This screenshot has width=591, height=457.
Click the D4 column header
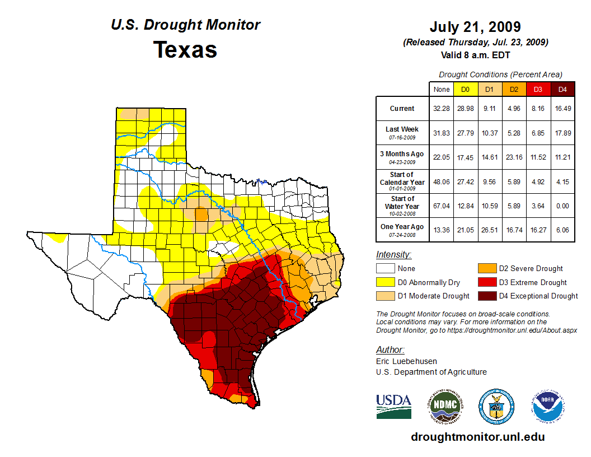pyautogui.click(x=562, y=89)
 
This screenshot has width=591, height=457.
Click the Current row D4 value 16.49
pyautogui.click(x=562, y=109)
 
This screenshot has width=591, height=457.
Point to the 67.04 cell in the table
pyautogui.click(x=441, y=206)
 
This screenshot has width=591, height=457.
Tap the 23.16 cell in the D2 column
pyautogui.click(x=514, y=157)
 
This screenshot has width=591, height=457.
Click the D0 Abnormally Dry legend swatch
pyautogui.click(x=385, y=282)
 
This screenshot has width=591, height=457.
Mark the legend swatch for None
pyautogui.click(x=385, y=269)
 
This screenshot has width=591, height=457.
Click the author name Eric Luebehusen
pyautogui.click(x=406, y=361)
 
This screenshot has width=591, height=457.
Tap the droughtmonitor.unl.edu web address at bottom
pyautogui.click(x=477, y=437)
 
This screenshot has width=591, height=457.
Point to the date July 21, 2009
pyautogui.click(x=475, y=27)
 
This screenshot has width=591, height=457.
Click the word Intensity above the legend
pyautogui.click(x=393, y=255)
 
